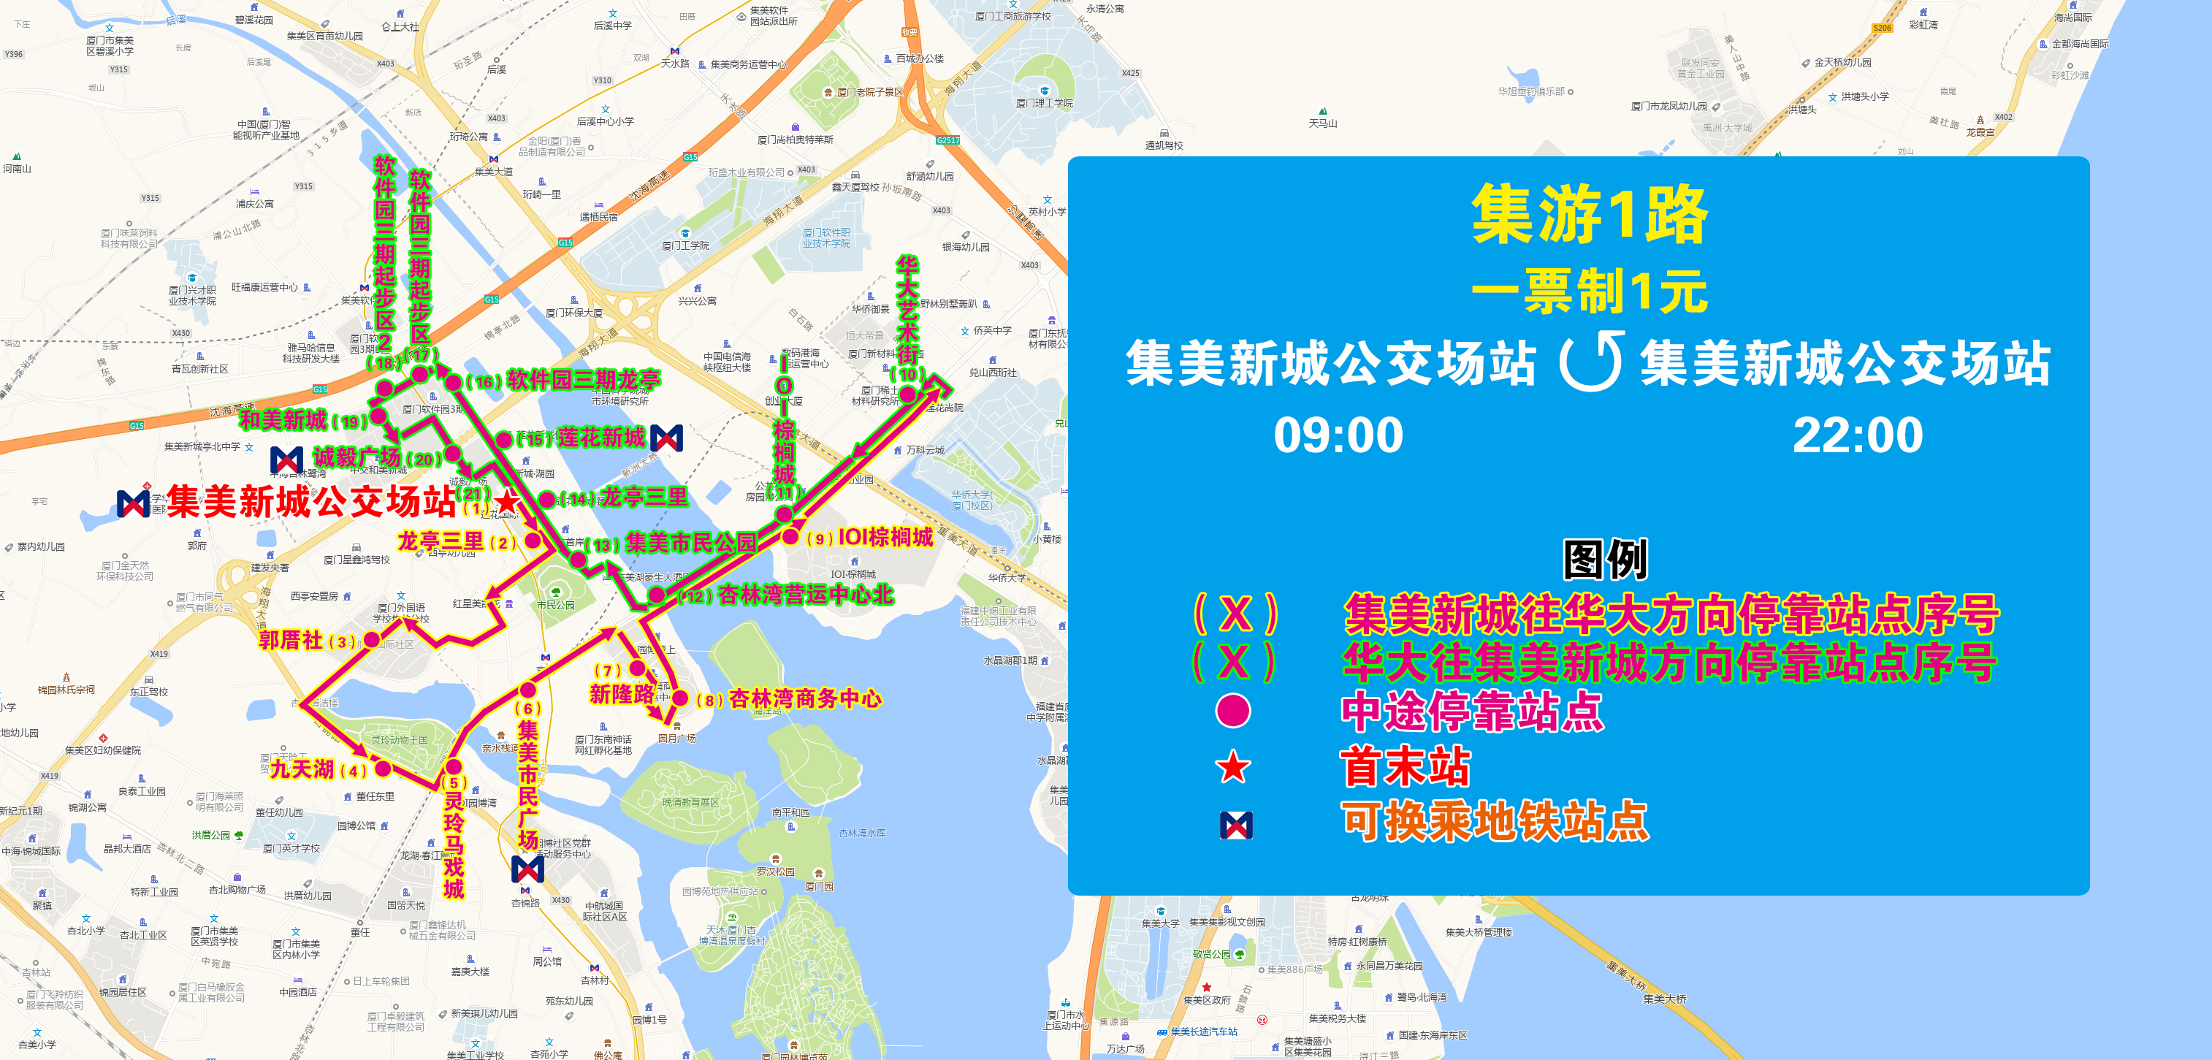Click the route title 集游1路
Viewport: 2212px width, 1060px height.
(x=1590, y=214)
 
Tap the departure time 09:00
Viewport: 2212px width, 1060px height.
(x=1338, y=435)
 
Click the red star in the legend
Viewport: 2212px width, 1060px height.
(x=1233, y=767)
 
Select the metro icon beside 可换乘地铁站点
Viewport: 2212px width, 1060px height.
(x=1235, y=825)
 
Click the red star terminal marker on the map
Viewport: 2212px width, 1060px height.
(x=507, y=501)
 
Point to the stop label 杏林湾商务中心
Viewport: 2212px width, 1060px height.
(x=804, y=699)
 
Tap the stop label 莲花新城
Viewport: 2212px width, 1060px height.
(x=600, y=438)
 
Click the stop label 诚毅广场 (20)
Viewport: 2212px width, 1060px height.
(x=376, y=458)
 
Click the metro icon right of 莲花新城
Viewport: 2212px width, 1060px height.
(x=666, y=438)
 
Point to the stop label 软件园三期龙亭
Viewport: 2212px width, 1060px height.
(x=582, y=381)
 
